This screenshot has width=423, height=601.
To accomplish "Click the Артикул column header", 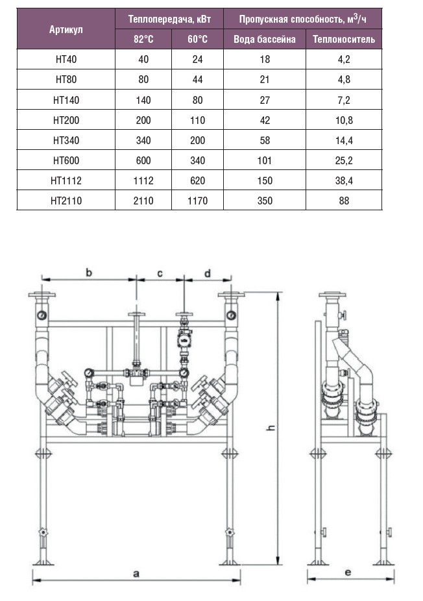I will point(66,30).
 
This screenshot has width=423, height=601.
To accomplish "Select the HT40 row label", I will point(66,60).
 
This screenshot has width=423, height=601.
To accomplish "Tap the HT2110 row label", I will point(66,201).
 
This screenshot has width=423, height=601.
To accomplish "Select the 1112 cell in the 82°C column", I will point(143,180).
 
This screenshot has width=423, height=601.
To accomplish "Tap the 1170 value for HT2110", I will point(197,201).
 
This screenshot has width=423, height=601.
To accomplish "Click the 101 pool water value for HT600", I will point(264,160).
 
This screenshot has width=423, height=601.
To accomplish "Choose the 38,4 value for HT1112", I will point(343,180).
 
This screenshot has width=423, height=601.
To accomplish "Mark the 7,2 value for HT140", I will point(343,100).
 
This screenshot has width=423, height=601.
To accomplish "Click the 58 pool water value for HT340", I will point(264,140).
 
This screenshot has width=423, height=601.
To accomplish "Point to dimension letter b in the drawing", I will point(89,273).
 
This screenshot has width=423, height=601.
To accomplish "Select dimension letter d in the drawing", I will point(208,273).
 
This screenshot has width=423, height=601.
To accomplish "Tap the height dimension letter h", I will point(272,428).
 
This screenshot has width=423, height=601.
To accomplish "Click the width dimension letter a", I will point(136,573).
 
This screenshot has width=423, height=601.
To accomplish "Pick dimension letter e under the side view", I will point(348,572).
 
